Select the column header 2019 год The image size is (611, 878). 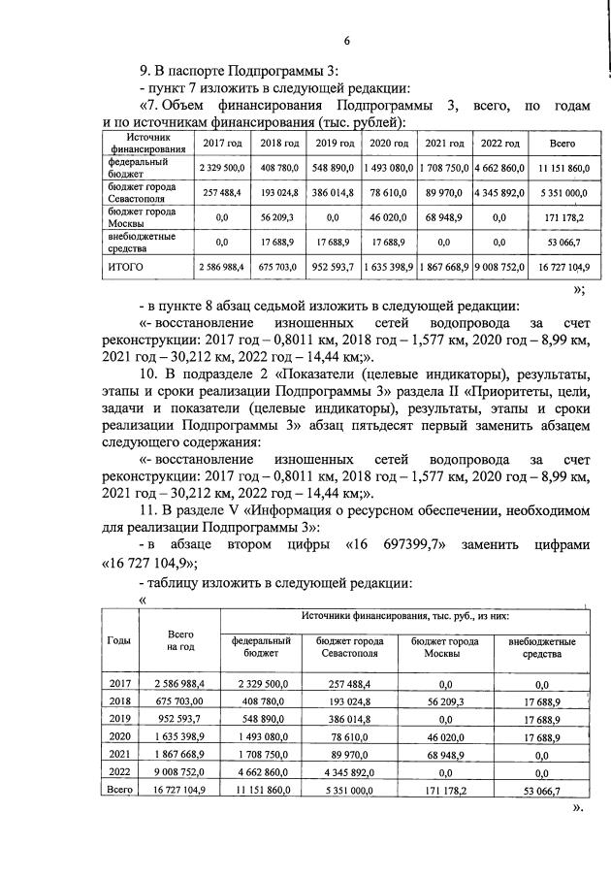tap(334, 143)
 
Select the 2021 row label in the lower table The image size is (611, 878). tap(120, 753)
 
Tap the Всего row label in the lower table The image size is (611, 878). tap(120, 791)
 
